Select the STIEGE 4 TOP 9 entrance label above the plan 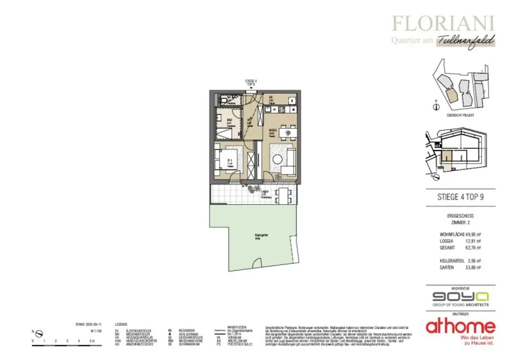(251, 82)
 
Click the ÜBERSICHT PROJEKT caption (461, 115)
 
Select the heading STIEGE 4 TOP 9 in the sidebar (461, 197)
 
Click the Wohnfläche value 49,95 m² (472, 234)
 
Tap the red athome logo (461, 327)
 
